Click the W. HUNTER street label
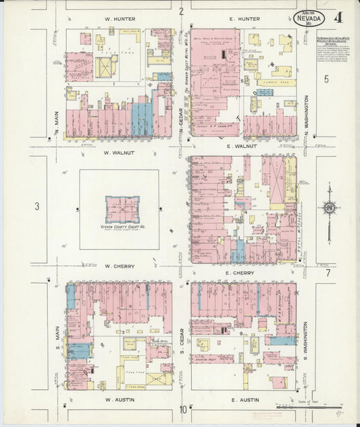[120, 19]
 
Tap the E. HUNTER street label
[245, 19]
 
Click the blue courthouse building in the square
[122, 209]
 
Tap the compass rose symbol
[329, 207]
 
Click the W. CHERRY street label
[119, 266]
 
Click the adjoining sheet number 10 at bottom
[182, 409]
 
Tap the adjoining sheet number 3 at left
[38, 207]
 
